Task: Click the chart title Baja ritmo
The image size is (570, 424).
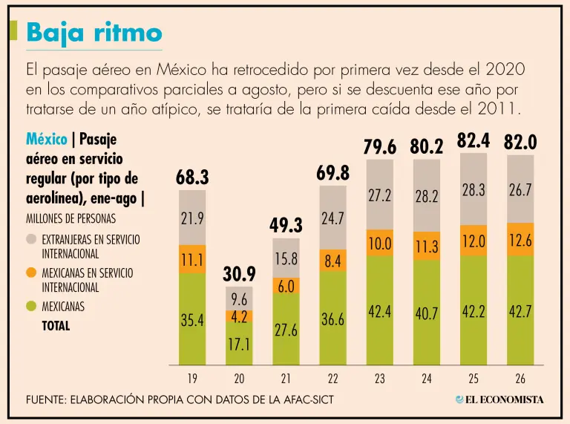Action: coord(94,33)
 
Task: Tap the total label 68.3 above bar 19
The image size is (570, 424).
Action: coord(192,177)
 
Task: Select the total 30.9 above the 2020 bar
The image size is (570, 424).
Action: coord(239,274)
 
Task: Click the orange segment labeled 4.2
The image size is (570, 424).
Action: coord(239,316)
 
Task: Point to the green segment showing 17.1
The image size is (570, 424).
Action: coord(239,343)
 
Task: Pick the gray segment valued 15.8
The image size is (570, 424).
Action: coord(286,258)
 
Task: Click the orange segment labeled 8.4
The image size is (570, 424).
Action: coord(333,261)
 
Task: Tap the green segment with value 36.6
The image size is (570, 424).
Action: coord(333,318)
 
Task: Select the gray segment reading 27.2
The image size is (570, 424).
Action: coord(380,195)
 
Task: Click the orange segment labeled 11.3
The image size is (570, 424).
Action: coord(427,246)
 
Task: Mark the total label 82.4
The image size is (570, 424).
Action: coord(474,141)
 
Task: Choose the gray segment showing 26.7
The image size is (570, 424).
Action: coord(520,189)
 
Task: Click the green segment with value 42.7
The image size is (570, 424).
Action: coord(520,310)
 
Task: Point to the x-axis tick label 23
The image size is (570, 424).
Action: coord(380,379)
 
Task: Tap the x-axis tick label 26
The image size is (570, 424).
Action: coord(520,379)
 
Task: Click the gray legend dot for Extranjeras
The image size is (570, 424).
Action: coord(31,239)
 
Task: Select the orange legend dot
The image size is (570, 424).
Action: coord(31,273)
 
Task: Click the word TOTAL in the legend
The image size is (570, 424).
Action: coord(56,326)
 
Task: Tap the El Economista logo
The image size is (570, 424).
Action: coord(499,399)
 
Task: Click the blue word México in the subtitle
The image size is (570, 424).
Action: coord(47,140)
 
